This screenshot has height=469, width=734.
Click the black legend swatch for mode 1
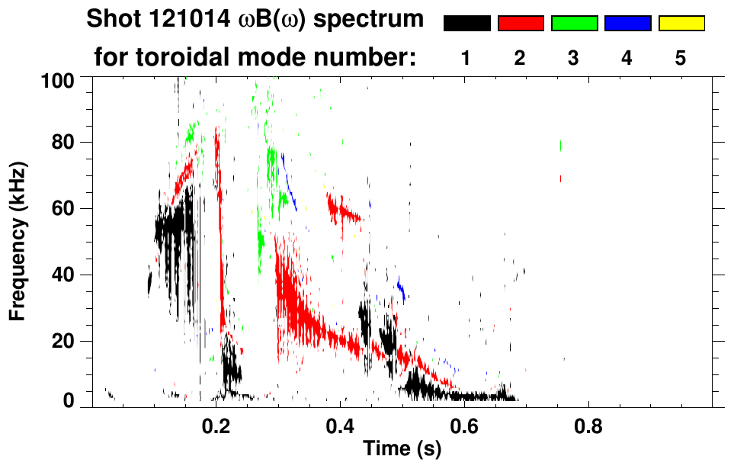point(466,24)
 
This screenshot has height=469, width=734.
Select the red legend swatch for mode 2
point(521,24)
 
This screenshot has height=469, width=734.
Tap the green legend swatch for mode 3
point(574,24)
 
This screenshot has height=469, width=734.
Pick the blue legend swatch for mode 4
point(627,24)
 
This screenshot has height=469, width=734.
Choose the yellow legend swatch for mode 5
point(681,24)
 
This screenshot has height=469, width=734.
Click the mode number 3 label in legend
point(574,58)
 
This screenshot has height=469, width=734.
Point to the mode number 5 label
point(681,58)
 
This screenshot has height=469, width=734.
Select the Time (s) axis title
point(402,449)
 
